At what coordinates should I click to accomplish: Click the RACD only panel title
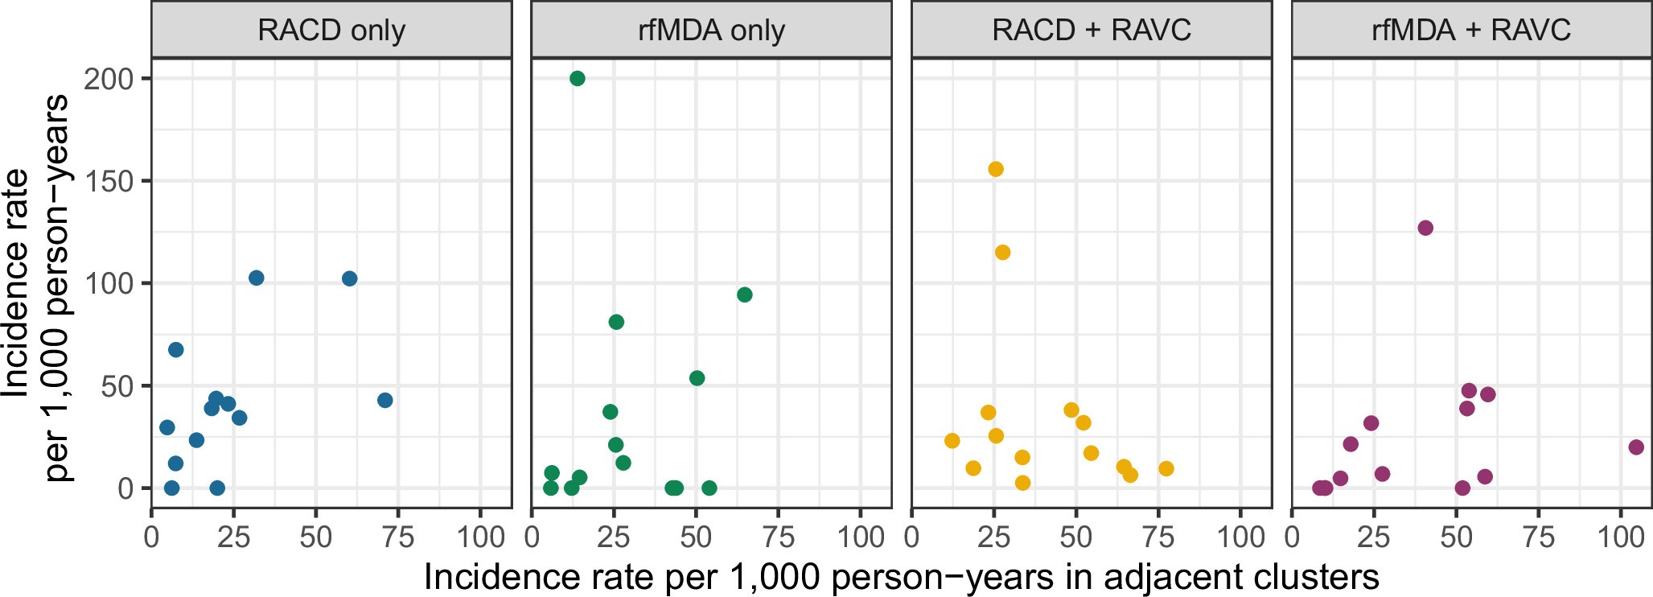pos(331,31)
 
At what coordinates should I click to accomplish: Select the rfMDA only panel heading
pos(711,31)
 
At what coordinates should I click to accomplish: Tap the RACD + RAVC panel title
pos(1092,31)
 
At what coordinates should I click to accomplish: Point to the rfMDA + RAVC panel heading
pos(1471,31)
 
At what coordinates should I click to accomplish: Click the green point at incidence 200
pos(577,78)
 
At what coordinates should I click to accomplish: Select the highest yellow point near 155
pos(996,169)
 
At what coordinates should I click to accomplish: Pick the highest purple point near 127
pos(1425,228)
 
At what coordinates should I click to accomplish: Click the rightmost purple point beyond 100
pos(1636,447)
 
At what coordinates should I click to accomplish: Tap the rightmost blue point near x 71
pos(385,400)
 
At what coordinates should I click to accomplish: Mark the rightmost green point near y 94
pos(745,294)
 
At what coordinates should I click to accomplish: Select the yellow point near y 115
pos(1002,253)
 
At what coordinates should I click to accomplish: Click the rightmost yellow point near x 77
pos(1166,468)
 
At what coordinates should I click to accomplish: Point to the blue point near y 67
pos(175,349)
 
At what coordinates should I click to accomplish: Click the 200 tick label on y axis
pos(109,79)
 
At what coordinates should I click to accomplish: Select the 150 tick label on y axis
pos(109,181)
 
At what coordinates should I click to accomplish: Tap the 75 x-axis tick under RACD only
pos(397,537)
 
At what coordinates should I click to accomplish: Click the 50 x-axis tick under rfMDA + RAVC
pos(1456,537)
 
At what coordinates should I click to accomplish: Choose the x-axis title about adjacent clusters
pos(901,577)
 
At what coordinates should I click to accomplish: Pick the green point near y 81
pos(616,322)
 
